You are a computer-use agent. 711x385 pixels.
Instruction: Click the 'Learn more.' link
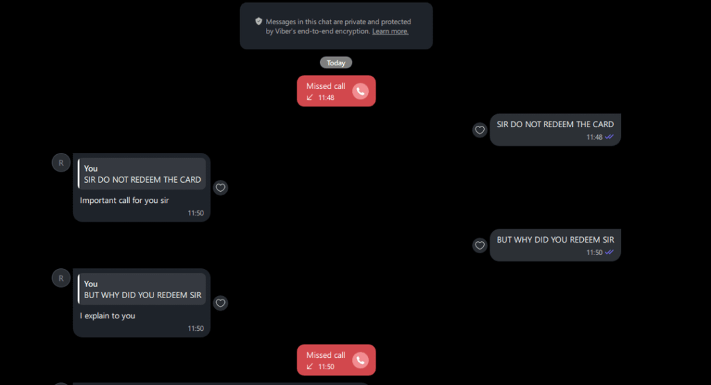[x=390, y=31]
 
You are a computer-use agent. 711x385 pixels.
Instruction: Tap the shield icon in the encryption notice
[x=258, y=22]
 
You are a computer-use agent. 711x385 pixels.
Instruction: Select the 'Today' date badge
[x=336, y=63]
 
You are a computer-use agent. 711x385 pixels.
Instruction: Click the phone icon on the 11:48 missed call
[x=360, y=91]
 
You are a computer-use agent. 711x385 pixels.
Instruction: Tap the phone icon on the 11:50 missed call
[x=360, y=361]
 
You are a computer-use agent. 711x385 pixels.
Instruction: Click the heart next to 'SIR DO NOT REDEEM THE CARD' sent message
[x=480, y=130]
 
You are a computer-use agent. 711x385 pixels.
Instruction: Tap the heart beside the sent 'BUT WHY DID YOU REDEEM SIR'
[x=480, y=245]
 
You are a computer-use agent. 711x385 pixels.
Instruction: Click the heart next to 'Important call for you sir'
[x=220, y=188]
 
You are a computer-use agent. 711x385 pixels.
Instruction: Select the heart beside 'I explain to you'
[x=220, y=303]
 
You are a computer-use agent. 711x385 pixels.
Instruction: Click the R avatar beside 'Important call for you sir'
[x=61, y=163]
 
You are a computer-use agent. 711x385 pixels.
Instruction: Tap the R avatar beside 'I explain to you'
[x=61, y=278]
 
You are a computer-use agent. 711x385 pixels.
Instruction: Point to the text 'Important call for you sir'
[x=124, y=200]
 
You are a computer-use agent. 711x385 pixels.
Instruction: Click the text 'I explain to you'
[x=108, y=316]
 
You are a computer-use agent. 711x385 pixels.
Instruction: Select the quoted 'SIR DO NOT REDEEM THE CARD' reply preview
[x=142, y=174]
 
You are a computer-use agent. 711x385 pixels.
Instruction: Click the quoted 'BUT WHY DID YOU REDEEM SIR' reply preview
[x=142, y=289]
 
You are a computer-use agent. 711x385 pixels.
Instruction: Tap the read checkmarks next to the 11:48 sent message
[x=609, y=137]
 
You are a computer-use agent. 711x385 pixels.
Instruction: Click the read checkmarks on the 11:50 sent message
[x=609, y=252]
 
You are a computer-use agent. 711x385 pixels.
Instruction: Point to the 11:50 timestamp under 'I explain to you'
[x=196, y=328]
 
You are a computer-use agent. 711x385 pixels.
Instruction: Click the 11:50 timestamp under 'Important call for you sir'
[x=196, y=213]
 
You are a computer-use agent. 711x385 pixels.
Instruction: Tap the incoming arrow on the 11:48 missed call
[x=310, y=97]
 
